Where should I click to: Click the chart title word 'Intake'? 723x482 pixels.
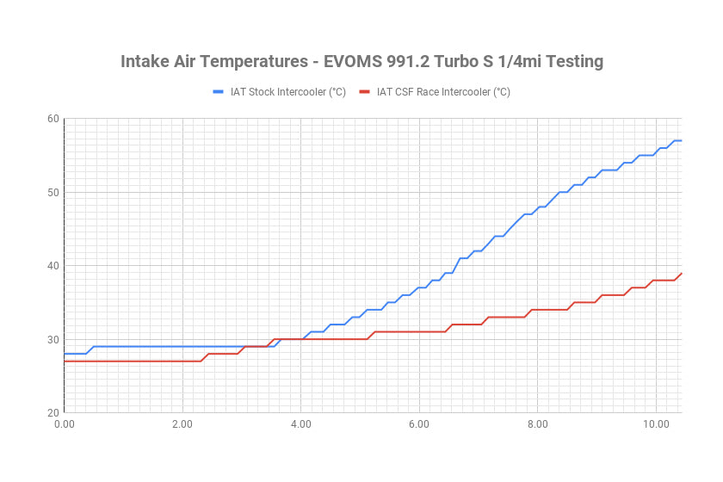click(148, 62)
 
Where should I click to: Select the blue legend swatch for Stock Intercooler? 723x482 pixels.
click(218, 92)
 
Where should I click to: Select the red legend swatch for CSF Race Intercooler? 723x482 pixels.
click(364, 92)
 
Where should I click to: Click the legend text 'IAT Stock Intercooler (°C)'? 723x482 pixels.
click(288, 92)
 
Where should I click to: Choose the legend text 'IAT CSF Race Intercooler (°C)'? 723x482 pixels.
click(443, 92)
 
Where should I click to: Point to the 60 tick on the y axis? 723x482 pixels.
click(53, 119)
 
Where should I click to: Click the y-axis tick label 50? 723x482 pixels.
click(53, 192)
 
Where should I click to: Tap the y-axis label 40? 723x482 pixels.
click(53, 265)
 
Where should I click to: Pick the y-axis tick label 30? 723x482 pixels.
click(53, 339)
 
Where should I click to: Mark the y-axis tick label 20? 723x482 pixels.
click(53, 412)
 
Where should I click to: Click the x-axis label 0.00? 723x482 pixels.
click(64, 424)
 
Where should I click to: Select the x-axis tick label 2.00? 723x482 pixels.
click(182, 424)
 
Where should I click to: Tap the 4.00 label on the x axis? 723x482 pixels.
click(300, 424)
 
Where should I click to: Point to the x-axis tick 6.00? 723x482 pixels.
click(418, 424)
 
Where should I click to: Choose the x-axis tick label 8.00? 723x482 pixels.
click(537, 424)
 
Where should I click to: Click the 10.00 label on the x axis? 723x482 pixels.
click(655, 424)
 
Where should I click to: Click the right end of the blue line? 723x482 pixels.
click(681, 140)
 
